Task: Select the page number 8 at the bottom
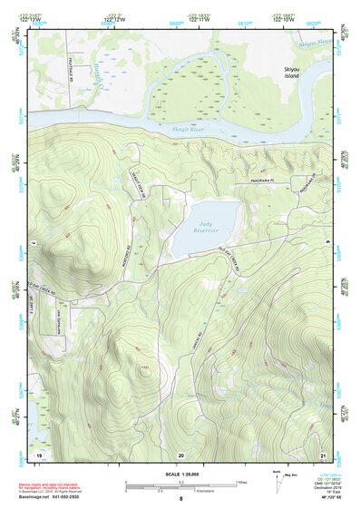[x=180, y=499]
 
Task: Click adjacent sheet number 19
[x=38, y=453]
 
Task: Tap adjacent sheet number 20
[x=180, y=453]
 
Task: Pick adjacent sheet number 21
[x=323, y=453]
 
